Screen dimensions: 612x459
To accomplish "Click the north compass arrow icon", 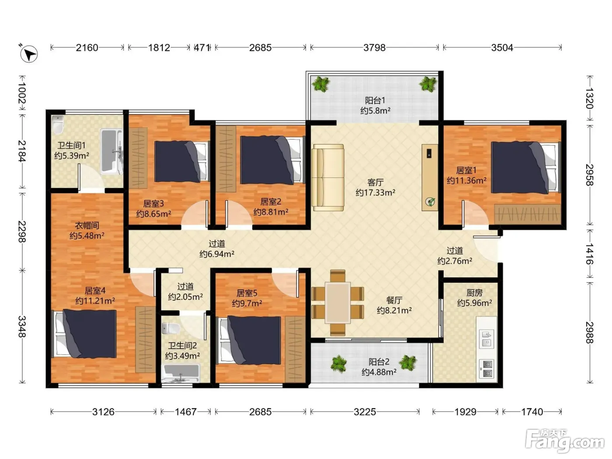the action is [29, 53].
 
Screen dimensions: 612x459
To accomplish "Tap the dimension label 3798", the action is [374, 48].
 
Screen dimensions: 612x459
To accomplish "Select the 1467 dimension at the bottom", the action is [185, 412].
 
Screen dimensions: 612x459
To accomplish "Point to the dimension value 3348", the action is [22, 327].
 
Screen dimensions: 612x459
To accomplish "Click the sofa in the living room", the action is [327, 177].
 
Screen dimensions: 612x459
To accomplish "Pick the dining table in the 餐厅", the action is [337, 303].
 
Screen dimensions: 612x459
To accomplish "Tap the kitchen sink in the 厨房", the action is [487, 339].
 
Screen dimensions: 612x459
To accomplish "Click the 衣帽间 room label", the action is [87, 225].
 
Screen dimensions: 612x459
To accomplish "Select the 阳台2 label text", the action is [379, 362].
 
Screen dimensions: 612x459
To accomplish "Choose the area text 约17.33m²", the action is [375, 193].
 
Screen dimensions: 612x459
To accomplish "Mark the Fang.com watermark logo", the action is [564, 441].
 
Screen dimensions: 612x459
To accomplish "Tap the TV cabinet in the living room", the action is [429, 177].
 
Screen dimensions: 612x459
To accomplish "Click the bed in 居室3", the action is [181, 162].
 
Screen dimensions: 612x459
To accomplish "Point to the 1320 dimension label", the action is [589, 98].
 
